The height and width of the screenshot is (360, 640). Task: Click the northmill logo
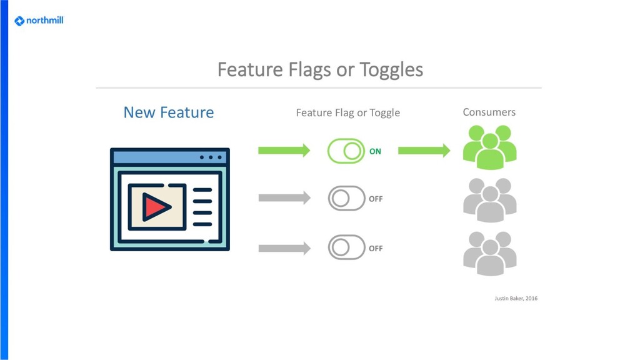click(39, 21)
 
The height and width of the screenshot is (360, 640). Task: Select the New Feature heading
click(168, 112)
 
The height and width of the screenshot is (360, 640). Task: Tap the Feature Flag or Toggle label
click(347, 113)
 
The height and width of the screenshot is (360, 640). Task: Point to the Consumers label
click(489, 112)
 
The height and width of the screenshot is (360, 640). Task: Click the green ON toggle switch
click(346, 151)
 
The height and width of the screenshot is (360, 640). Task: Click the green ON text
click(375, 151)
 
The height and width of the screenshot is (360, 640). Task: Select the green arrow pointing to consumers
click(424, 151)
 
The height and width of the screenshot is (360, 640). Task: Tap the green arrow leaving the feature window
click(284, 151)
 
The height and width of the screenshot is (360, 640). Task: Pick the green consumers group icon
click(489, 147)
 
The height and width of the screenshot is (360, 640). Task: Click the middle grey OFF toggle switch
click(346, 199)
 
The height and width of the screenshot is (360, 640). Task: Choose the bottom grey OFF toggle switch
click(346, 247)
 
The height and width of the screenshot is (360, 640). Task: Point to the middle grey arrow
click(284, 199)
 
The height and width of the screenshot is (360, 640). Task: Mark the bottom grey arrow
click(284, 248)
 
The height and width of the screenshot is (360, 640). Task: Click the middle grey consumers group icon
click(489, 200)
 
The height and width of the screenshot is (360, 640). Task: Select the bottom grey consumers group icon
click(489, 253)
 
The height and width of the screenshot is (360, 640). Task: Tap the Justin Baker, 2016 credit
click(516, 299)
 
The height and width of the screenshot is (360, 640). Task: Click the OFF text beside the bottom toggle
click(376, 248)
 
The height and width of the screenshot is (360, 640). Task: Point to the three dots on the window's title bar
click(211, 157)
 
